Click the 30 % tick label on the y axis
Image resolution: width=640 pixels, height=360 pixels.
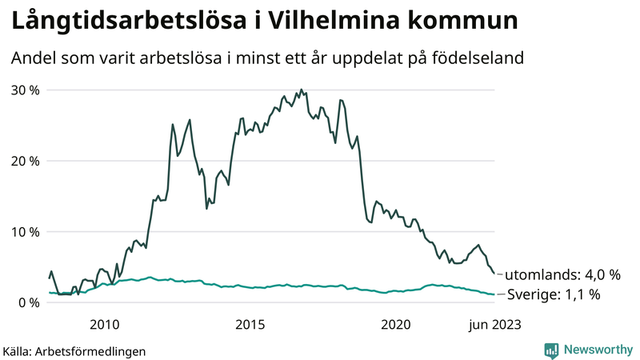click(24, 90)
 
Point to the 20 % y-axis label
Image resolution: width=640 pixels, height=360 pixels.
click(24, 161)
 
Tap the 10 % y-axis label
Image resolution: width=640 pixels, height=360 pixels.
click(24, 232)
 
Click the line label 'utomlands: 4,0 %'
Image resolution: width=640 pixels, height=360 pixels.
click(562, 274)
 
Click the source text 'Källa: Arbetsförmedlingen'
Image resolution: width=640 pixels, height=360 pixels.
click(74, 350)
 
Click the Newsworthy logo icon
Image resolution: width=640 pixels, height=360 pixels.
click(551, 350)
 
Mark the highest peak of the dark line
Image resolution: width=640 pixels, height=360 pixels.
click(301, 90)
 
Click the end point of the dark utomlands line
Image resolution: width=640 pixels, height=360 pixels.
click(494, 274)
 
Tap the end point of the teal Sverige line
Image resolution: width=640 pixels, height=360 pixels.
click(494, 294)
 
